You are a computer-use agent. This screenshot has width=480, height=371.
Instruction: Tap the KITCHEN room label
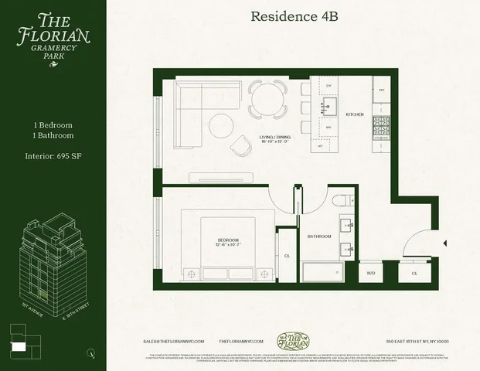(354, 114)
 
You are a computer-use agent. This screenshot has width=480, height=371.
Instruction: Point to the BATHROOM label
(319, 236)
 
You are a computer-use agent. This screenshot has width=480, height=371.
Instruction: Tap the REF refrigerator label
(380, 90)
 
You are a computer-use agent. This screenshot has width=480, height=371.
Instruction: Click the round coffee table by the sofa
(220, 124)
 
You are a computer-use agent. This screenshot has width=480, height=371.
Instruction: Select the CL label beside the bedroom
(287, 255)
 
